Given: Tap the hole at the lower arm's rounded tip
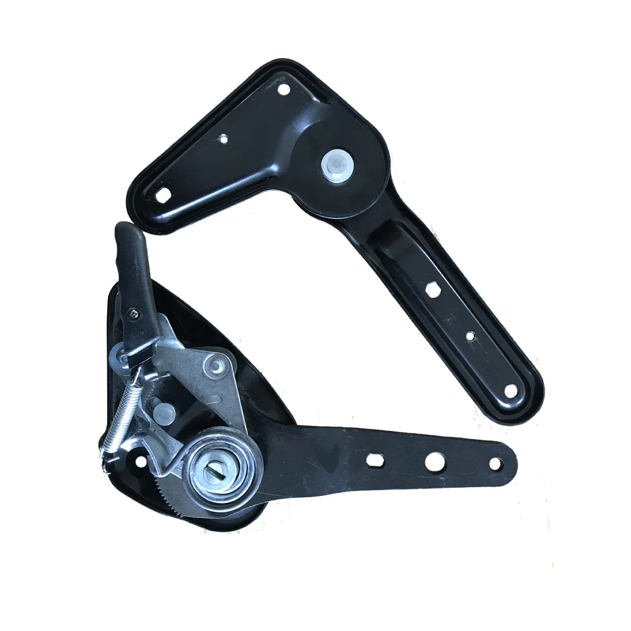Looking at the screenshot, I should pyautogui.click(x=495, y=464).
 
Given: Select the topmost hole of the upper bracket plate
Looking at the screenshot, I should pyautogui.click(x=283, y=90).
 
